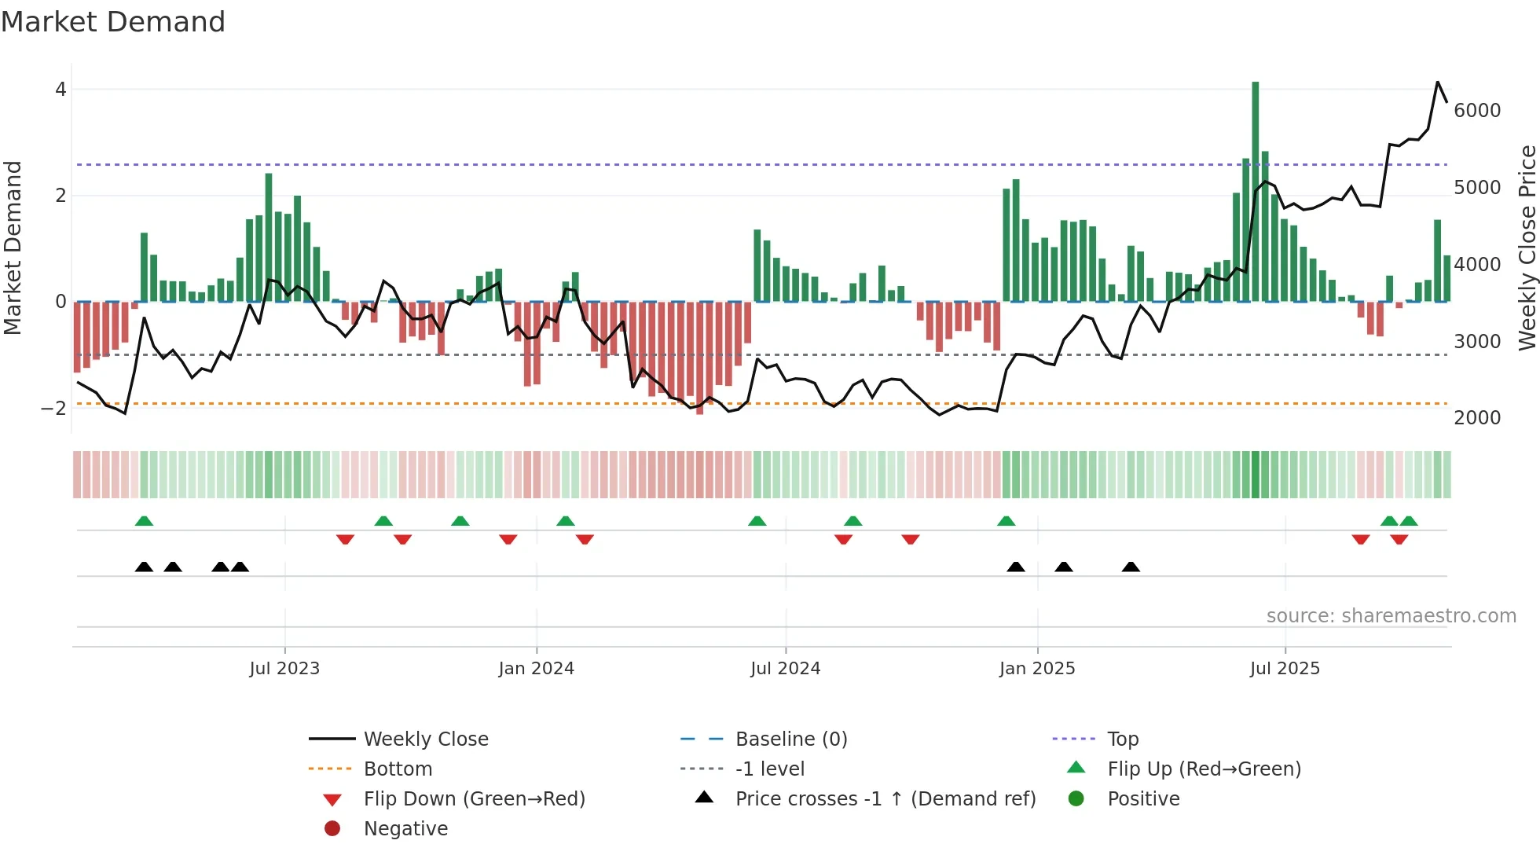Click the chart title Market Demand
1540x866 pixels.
pyautogui.click(x=113, y=22)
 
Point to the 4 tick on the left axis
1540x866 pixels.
pyautogui.click(x=60, y=90)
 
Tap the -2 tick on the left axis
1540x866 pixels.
pyautogui.click(x=54, y=408)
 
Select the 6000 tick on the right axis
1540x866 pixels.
pyautogui.click(x=1477, y=111)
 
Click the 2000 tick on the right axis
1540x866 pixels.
pyautogui.click(x=1477, y=418)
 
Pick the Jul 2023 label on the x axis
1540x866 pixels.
pyautogui.click(x=284, y=669)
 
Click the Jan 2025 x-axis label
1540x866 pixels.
pyautogui.click(x=1037, y=669)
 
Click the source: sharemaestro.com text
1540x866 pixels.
pyautogui.click(x=1391, y=616)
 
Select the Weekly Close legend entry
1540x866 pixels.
pyautogui.click(x=425, y=739)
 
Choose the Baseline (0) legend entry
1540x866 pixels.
pyautogui.click(x=790, y=739)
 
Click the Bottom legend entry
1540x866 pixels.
pyautogui.click(x=398, y=769)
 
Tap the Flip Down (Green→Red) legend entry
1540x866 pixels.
pyautogui.click(x=474, y=799)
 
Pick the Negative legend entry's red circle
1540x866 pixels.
pyautogui.click(x=332, y=829)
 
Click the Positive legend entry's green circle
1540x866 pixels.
pyautogui.click(x=1076, y=799)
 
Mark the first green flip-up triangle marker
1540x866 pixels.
pyautogui.click(x=144, y=521)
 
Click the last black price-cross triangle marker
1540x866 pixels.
pyautogui.click(x=1131, y=567)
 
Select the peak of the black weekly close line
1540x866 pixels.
pyautogui.click(x=1438, y=82)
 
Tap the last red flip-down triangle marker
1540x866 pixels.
pyautogui.click(x=1399, y=539)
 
